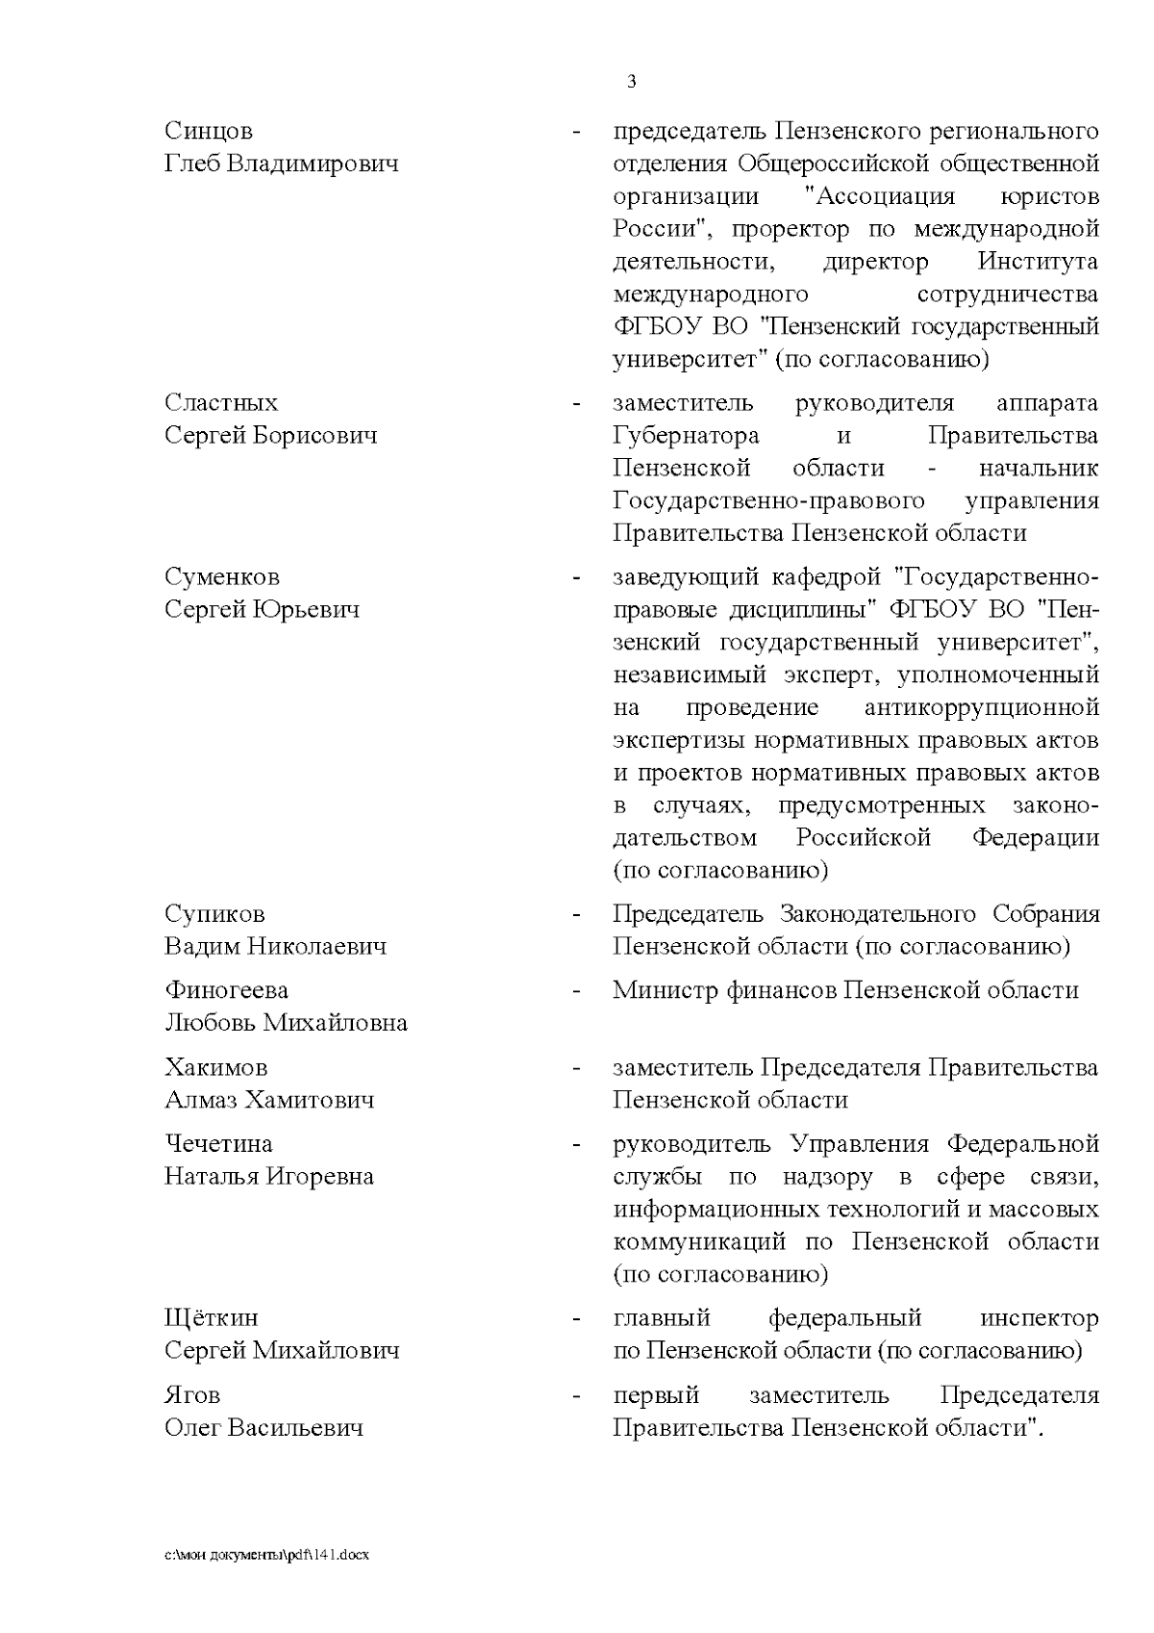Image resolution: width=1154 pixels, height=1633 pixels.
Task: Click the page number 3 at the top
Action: point(631,83)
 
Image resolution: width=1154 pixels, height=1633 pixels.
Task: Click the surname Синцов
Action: point(209,131)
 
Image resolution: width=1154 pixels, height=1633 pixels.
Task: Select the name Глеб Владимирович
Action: point(281,164)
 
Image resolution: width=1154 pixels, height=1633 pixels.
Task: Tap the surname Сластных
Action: point(221,402)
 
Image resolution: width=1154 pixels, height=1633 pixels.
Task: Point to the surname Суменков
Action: point(222,577)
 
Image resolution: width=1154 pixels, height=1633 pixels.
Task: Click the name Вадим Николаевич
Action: point(275,946)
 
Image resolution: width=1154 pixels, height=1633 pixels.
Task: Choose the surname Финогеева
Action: point(226,990)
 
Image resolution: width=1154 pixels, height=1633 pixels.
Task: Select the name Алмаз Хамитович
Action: point(269,1100)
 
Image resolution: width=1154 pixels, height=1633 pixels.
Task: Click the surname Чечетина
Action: point(218,1144)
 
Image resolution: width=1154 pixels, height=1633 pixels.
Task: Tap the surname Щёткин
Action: point(212,1318)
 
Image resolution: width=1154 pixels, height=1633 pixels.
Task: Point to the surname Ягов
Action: point(192,1395)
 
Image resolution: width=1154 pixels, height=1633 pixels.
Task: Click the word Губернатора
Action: point(686,436)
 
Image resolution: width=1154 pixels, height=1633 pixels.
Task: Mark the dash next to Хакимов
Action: point(576,1069)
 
